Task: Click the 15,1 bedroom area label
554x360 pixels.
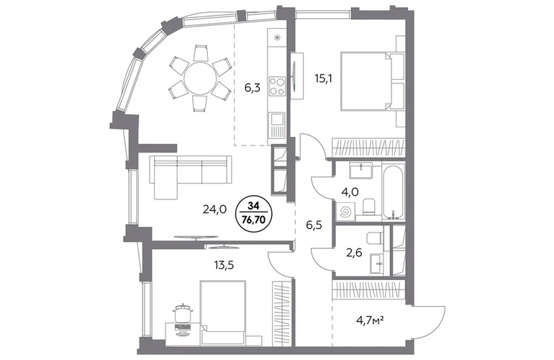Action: coord(323,78)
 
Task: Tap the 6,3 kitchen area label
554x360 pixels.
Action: coord(253,88)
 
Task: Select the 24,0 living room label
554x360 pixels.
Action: coord(214,210)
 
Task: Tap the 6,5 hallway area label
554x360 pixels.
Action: coord(314,225)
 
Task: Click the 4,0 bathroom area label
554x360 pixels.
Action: coord(350,192)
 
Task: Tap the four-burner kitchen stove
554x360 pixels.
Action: coord(277,86)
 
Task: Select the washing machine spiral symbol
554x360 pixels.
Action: coord(344,212)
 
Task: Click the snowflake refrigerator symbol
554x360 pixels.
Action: coord(277,37)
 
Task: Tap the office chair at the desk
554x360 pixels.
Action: coord(183,312)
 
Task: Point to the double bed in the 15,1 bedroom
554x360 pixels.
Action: coord(372,81)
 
